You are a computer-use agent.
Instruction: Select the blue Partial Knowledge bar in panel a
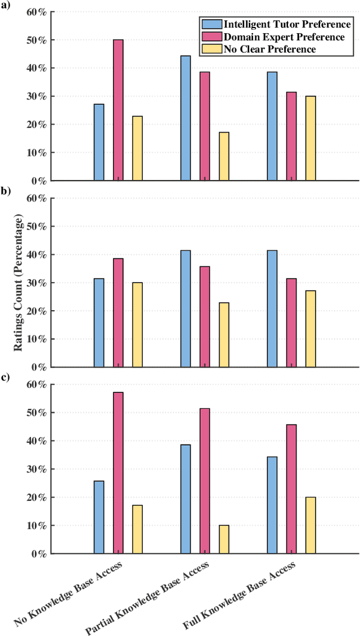(x=186, y=118)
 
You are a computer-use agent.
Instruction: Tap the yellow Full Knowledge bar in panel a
(x=310, y=138)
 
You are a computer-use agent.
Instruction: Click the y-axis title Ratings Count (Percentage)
(x=18, y=283)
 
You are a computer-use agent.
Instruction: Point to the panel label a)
(x=6, y=7)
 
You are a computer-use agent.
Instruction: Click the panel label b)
(x=6, y=191)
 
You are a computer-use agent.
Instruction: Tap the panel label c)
(x=6, y=377)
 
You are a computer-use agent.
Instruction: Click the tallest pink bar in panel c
(x=118, y=473)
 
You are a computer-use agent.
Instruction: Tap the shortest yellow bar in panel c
(x=224, y=539)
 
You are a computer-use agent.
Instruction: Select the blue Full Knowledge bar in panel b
(x=272, y=308)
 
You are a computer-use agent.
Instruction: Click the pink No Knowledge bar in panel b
(x=118, y=312)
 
